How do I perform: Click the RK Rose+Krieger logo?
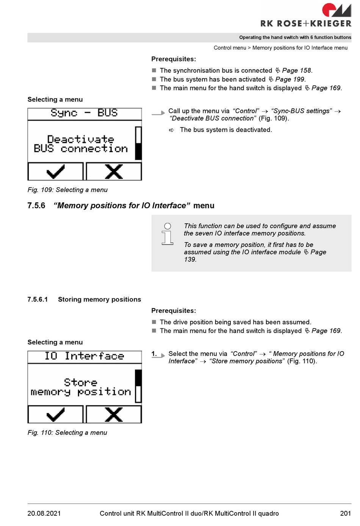tap(306, 15)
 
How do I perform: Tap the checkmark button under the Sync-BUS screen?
tap(55, 172)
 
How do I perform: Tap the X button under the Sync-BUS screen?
tap(114, 172)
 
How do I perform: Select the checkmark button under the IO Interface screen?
tap(55, 415)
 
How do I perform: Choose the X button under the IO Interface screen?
tap(114, 415)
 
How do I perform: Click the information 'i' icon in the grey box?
tap(167, 234)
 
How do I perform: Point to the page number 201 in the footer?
tap(345, 513)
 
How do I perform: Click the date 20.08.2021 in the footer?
tap(44, 513)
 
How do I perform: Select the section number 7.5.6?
tap(36, 206)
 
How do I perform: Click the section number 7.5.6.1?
tap(38, 300)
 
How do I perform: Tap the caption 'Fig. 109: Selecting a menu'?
tap(67, 190)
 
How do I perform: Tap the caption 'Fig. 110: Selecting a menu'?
tap(67, 433)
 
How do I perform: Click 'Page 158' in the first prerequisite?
tap(296, 71)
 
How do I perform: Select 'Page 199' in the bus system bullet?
tap(290, 79)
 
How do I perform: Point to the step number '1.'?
tap(154, 354)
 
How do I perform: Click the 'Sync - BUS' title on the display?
tap(84, 113)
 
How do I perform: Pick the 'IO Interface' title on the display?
tap(84, 356)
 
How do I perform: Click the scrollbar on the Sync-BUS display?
tap(138, 143)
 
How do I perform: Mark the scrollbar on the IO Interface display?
tap(138, 386)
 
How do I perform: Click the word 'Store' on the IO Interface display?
tap(80, 382)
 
